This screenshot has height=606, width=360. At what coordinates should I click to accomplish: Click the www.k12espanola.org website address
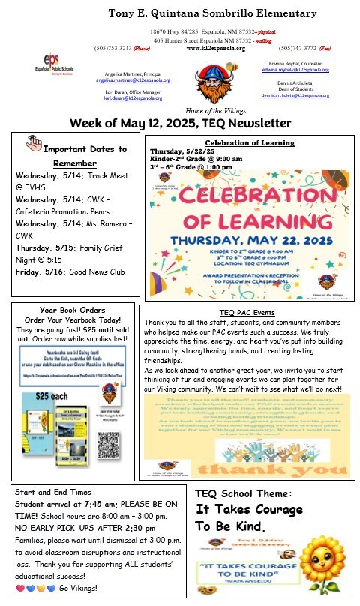[x=216, y=48]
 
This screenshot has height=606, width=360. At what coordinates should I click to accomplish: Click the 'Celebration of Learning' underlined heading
[x=245, y=142]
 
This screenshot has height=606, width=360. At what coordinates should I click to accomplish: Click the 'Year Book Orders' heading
[x=73, y=311]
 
